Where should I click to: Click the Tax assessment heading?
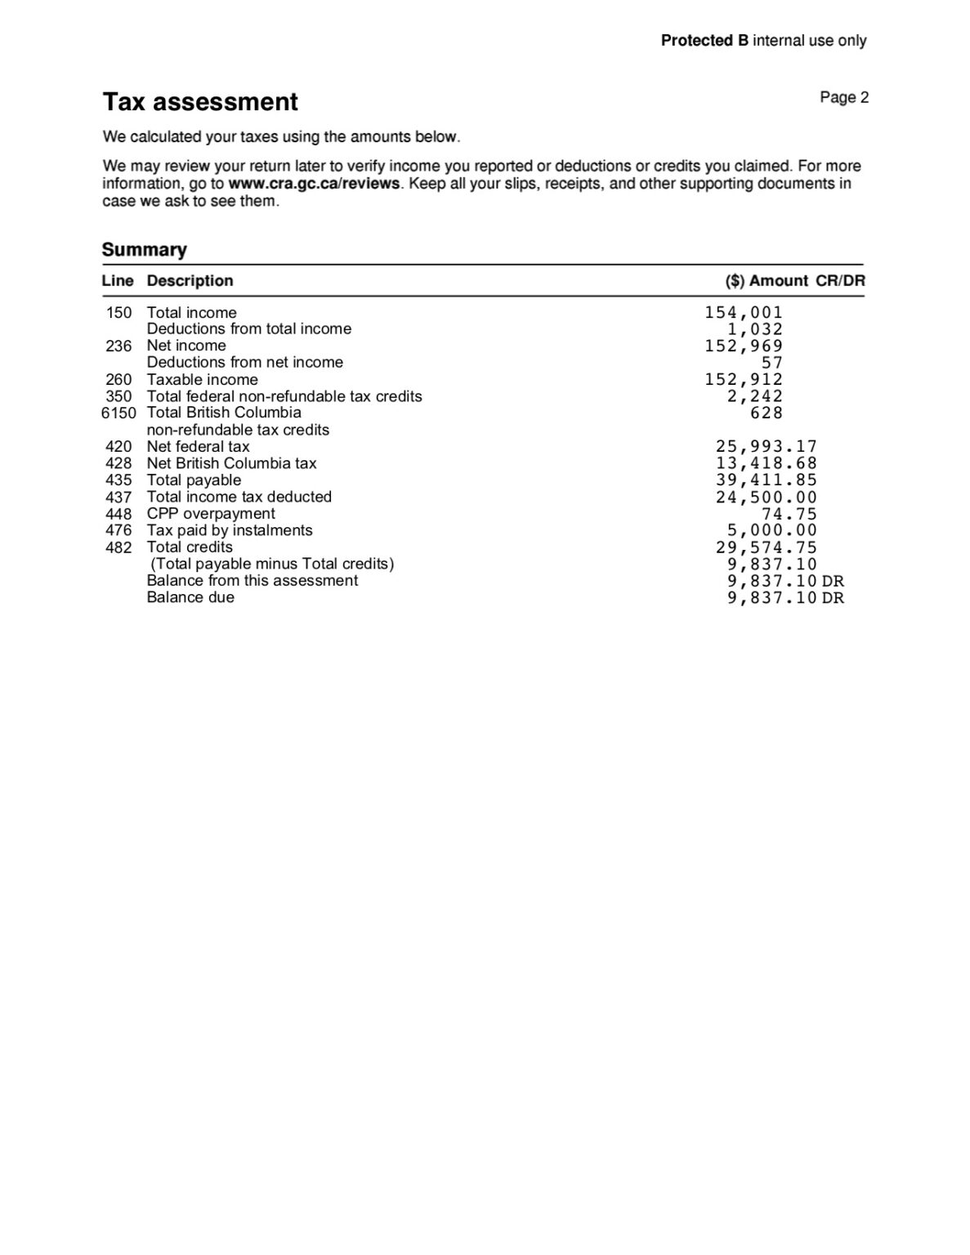(x=200, y=102)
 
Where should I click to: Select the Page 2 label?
(x=844, y=98)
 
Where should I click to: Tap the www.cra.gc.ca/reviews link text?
(x=315, y=184)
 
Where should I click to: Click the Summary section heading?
(x=144, y=250)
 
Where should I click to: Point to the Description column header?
(x=190, y=281)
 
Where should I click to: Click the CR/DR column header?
(x=840, y=281)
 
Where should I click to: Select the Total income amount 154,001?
(x=744, y=313)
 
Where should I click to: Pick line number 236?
(x=118, y=346)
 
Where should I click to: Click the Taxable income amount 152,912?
(x=744, y=380)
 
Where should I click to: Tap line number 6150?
(x=118, y=413)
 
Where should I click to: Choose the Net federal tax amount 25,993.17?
(x=767, y=447)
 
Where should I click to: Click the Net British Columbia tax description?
(x=231, y=463)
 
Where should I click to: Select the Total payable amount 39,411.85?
(x=767, y=480)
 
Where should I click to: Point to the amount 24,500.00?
(x=767, y=498)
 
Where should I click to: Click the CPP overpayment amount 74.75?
(x=789, y=514)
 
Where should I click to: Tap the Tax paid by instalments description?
(x=230, y=530)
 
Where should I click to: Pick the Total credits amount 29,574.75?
(x=767, y=547)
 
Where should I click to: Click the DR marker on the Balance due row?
(x=833, y=598)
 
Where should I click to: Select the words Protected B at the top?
(x=704, y=41)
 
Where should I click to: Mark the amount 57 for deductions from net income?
(x=772, y=363)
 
